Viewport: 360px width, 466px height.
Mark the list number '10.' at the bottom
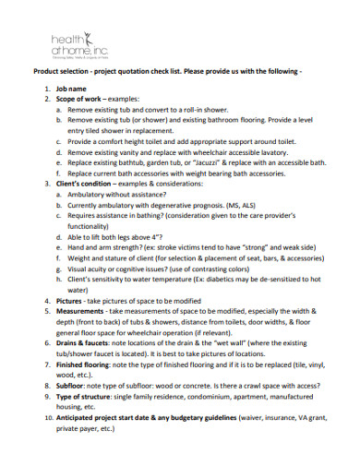(48, 418)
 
